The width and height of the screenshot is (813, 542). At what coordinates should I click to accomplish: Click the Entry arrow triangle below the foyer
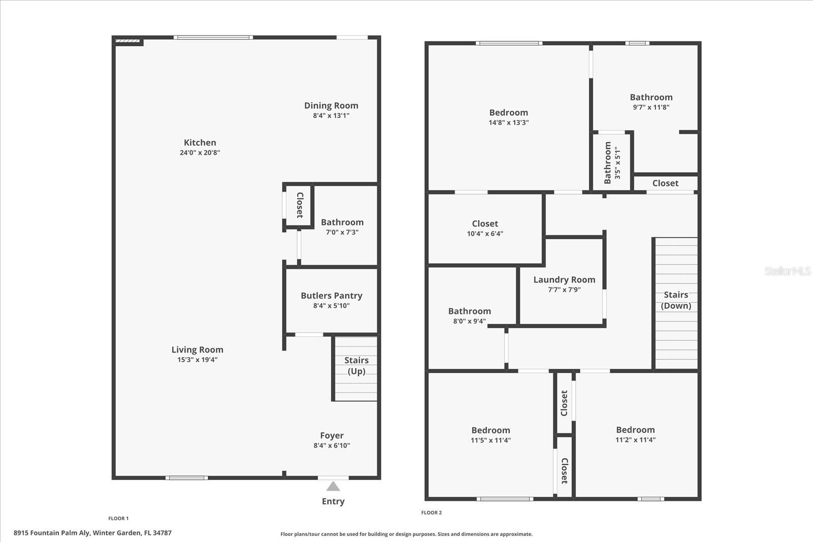tap(333, 487)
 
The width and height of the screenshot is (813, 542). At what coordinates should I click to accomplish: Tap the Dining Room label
tap(331, 106)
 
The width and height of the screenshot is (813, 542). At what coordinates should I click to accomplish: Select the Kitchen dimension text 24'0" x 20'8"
tap(200, 152)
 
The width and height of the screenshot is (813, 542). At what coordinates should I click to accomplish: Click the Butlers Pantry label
tap(331, 296)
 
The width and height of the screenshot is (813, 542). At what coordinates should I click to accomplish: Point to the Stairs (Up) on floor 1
tap(356, 366)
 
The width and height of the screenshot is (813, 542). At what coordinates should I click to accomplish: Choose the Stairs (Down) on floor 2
tap(676, 300)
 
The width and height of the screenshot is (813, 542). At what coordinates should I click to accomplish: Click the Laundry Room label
tap(564, 280)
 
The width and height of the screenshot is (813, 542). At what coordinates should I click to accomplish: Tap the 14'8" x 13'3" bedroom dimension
tap(509, 122)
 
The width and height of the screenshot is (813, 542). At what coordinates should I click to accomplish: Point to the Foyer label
tap(332, 436)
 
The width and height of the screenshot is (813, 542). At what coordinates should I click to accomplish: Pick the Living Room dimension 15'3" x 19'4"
tap(197, 360)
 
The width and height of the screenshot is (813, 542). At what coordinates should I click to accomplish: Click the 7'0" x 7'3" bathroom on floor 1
tap(342, 227)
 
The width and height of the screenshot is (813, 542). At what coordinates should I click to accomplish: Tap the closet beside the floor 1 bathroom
tap(299, 205)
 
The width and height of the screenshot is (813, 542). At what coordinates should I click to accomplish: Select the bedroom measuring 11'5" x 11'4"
tap(490, 435)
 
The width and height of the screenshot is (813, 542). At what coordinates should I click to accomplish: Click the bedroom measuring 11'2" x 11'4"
tap(635, 434)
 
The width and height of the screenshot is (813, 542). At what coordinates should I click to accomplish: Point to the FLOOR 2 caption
tap(431, 513)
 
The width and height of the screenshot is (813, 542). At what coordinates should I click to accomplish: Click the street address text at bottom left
tap(92, 533)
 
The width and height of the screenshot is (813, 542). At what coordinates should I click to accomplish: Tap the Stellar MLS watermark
tap(788, 271)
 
